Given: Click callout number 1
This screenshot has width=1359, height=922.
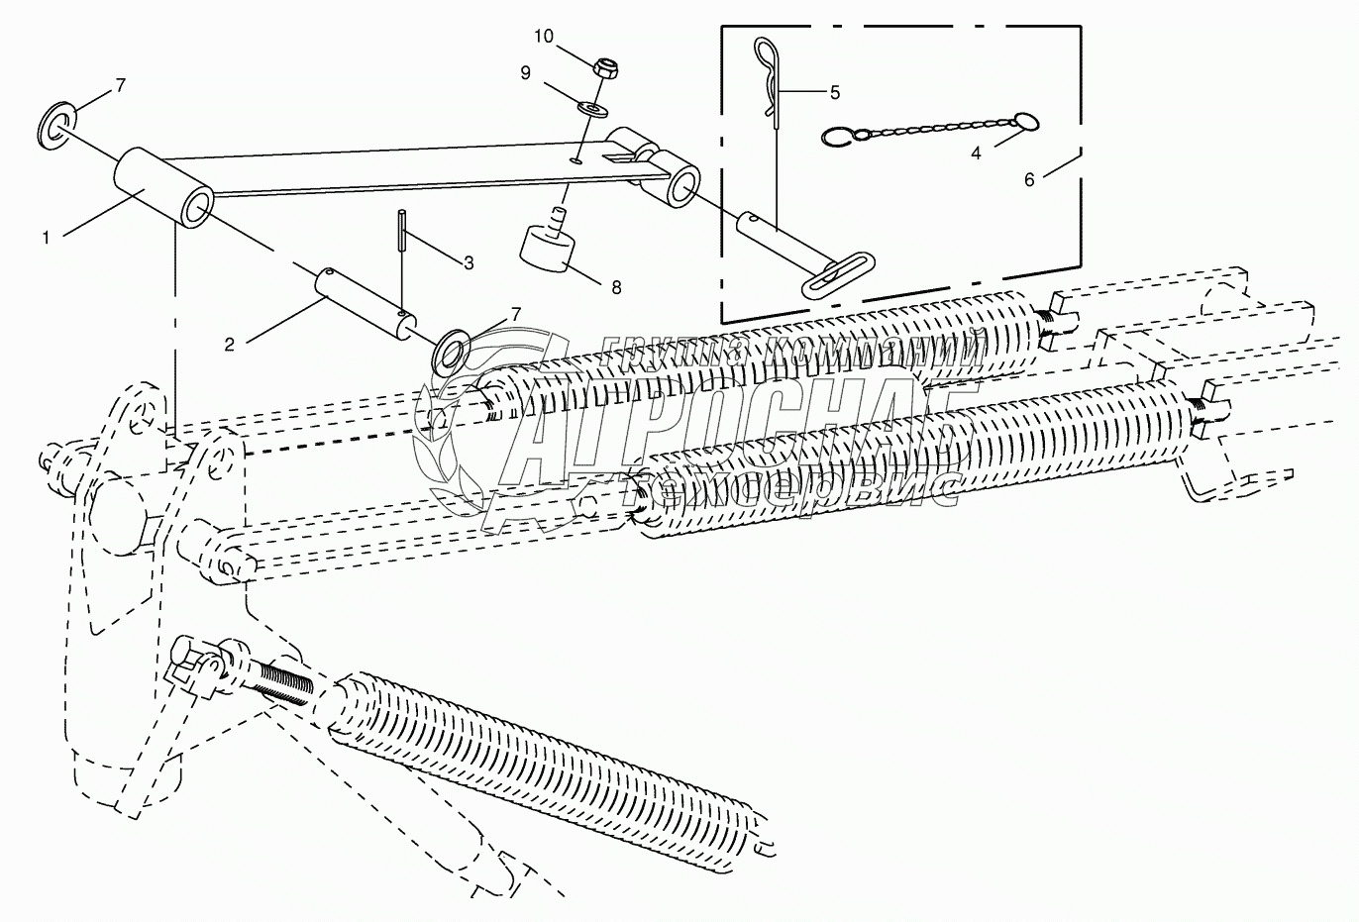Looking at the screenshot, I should tap(46, 236).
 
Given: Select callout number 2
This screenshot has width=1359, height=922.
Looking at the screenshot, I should tap(230, 345).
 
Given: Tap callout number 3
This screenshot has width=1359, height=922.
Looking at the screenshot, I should tap(469, 262).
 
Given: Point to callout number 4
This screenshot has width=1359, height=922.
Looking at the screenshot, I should tap(977, 154).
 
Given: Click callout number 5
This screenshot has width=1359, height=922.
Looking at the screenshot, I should tap(834, 92).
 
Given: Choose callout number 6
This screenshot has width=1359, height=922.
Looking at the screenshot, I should tap(1029, 179).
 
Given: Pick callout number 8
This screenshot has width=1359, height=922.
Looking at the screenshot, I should tap(615, 287).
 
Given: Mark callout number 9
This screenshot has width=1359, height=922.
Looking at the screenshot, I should tap(525, 72).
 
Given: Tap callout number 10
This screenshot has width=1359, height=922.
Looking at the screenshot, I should tap(543, 36).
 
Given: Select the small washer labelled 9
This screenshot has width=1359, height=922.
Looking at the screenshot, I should tap(592, 105).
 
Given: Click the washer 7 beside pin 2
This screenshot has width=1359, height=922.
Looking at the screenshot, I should tap(453, 350).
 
